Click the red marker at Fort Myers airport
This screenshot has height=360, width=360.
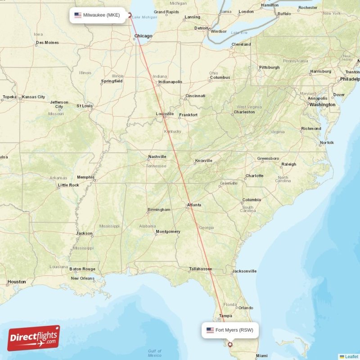coord(230,345)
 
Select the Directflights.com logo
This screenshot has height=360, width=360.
coord(34,338)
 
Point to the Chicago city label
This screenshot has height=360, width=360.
coord(143,36)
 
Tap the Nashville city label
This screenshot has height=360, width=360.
coord(157,157)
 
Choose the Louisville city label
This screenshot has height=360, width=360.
coord(165,114)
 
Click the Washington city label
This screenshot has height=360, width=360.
coord(322,104)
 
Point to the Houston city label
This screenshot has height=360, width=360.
coord(17,282)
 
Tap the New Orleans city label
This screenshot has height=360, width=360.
coord(83,278)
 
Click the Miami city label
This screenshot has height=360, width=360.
coord(261,355)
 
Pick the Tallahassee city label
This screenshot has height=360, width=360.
coord(200,269)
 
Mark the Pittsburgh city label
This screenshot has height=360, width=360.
coord(269,67)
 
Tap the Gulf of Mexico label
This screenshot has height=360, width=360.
coord(154,353)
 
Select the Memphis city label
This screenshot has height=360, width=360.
coord(85,177)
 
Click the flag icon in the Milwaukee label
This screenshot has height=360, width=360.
coord(78,15)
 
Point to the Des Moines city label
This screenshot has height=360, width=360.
coord(47,43)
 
